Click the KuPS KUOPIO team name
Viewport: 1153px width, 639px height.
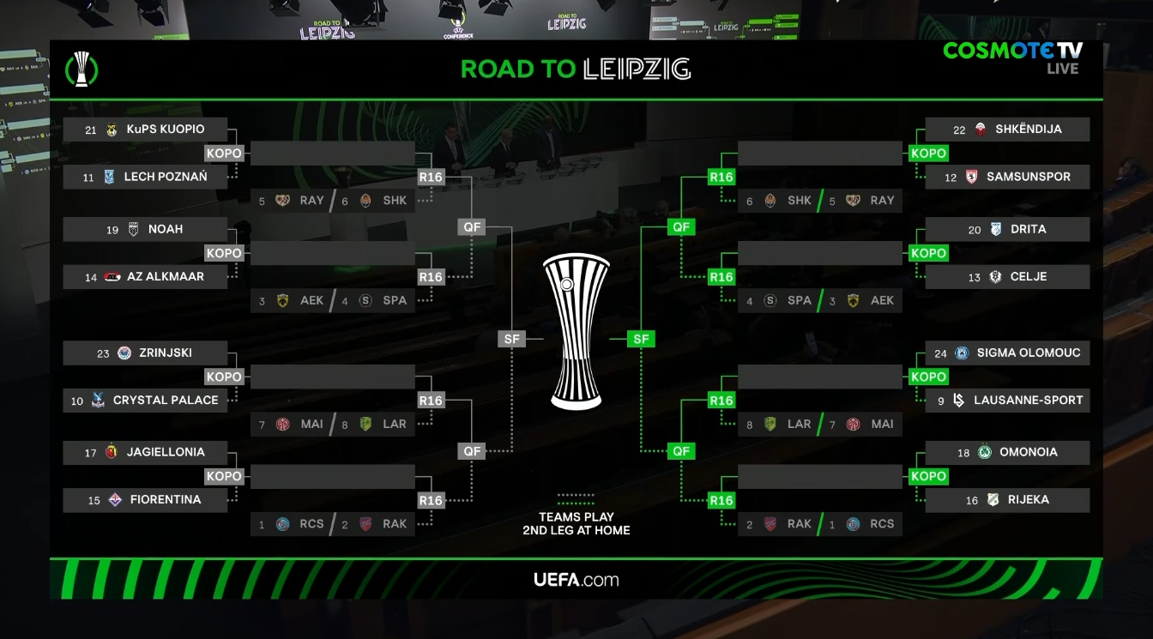[x=165, y=130]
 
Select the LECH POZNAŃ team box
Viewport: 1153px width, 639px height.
[x=145, y=177]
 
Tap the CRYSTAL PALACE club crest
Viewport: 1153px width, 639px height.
[x=98, y=401]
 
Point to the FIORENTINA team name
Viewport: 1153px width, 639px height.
[x=165, y=500]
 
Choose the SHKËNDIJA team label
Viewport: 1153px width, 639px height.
[x=1028, y=130]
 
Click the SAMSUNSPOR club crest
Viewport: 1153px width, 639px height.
[x=972, y=177]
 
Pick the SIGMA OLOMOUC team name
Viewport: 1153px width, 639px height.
[x=1028, y=353]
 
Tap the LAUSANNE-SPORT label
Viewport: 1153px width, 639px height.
[x=1028, y=401]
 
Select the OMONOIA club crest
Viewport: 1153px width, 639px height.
[x=984, y=452]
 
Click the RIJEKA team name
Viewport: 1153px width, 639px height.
[x=1028, y=500]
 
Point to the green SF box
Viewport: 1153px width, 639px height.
[x=641, y=339]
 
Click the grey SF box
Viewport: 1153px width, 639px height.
[x=512, y=339]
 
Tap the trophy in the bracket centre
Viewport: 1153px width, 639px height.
[x=576, y=330]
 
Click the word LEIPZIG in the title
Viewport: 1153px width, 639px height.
[x=637, y=69]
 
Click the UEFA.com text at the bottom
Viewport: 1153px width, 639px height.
[x=576, y=580]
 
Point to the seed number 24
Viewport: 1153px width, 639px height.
[x=941, y=353]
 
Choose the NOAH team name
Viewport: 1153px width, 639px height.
[x=165, y=229]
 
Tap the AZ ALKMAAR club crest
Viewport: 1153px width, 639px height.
[x=112, y=277]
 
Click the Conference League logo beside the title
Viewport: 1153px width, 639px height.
[x=81, y=69]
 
